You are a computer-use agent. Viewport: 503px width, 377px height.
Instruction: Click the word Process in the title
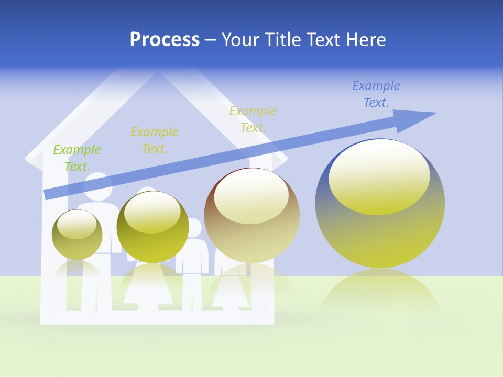[165, 40]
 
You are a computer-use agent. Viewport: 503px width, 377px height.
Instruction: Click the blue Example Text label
[376, 94]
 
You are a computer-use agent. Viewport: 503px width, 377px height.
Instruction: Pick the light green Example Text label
[77, 158]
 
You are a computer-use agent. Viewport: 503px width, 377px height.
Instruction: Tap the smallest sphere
[77, 235]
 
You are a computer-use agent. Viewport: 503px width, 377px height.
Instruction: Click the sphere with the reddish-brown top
[251, 215]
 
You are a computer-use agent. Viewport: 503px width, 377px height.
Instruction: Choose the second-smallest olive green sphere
[152, 227]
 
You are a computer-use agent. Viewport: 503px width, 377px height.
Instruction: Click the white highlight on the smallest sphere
[76, 224]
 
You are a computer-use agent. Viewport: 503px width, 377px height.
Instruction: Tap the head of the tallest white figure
[97, 183]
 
